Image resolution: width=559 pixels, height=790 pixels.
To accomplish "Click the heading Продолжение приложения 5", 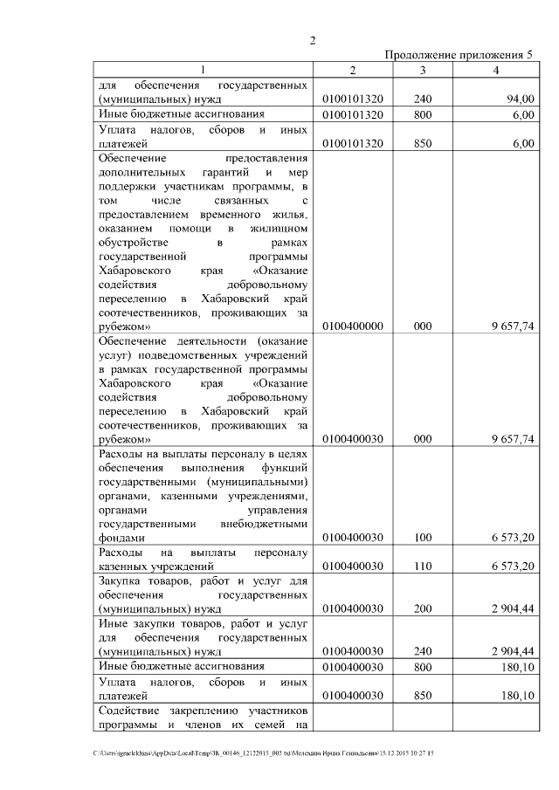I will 459,56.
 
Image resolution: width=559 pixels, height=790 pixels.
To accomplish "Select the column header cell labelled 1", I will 203,70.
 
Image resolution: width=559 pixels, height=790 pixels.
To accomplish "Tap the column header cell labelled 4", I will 495,70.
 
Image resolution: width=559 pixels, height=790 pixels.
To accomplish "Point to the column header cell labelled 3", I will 423,70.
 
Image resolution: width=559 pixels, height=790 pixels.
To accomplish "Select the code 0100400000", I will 353,326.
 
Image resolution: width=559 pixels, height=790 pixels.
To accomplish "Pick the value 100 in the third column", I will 423,538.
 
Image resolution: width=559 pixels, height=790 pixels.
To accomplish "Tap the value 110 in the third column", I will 423,567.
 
